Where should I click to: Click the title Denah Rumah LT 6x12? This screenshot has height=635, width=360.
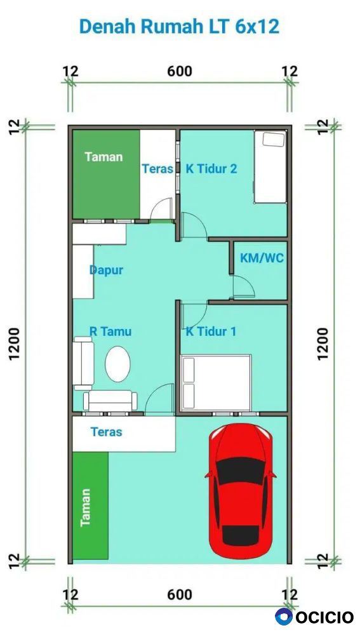point(180,26)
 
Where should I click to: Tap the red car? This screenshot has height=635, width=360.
point(241,491)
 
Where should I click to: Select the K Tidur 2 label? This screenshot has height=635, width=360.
point(211,168)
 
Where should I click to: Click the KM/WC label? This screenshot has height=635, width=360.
point(262,258)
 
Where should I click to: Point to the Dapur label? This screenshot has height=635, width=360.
point(106,271)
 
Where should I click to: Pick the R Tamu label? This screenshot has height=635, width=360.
point(110,331)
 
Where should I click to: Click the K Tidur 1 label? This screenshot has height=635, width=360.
point(211,331)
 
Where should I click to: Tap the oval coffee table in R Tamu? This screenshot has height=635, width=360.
point(118,364)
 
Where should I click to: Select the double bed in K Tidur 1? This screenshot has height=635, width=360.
point(217,382)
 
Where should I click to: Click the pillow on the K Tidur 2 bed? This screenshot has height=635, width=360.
point(274,139)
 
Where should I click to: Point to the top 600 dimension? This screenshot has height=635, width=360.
point(180,71)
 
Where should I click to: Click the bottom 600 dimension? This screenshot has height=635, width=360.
point(180,594)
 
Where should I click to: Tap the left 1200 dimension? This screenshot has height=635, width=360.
point(14,344)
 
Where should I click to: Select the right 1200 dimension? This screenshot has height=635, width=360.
point(323,344)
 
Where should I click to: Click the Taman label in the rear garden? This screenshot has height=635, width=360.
point(103,157)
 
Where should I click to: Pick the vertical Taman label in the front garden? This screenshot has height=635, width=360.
point(85,507)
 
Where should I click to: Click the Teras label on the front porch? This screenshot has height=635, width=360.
point(106,432)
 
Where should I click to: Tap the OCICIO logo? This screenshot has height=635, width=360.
point(314,617)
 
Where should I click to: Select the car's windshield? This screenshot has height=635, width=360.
point(241,470)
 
